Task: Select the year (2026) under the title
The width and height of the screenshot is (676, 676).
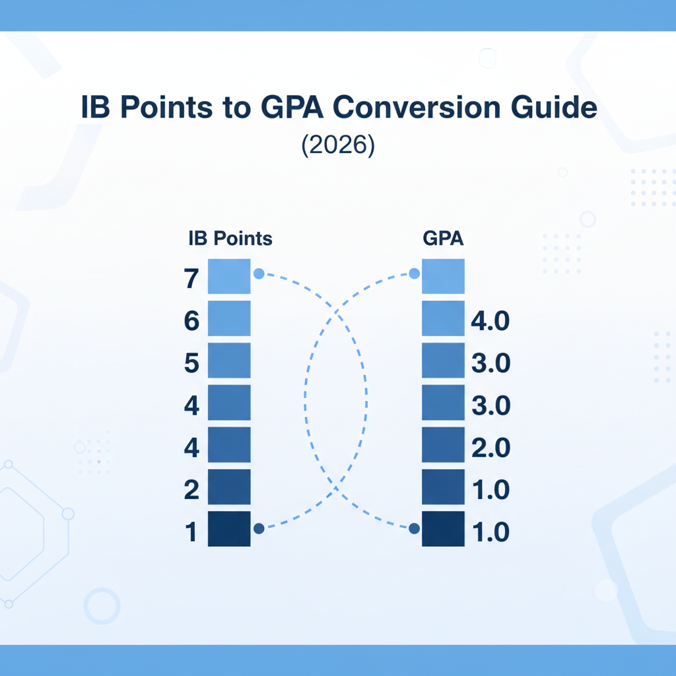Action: click(x=337, y=145)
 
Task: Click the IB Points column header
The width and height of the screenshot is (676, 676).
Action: click(x=230, y=238)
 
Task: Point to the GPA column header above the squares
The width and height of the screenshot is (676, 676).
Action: click(x=442, y=238)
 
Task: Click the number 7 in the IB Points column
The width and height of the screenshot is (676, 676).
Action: click(x=191, y=280)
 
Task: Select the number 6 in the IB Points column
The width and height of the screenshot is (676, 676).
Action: click(x=191, y=321)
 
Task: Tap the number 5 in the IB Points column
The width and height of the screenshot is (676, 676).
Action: click(x=191, y=364)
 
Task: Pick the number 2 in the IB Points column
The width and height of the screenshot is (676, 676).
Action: click(x=191, y=490)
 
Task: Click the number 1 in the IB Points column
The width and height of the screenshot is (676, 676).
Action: click(x=191, y=532)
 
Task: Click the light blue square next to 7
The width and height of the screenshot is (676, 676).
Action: click(x=229, y=276)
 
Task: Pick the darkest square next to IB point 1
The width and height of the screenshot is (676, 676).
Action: click(x=229, y=528)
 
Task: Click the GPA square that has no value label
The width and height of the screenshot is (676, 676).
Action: click(x=443, y=276)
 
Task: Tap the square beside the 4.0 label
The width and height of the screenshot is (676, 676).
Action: click(x=443, y=318)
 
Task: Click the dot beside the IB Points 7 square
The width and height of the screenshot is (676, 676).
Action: click(x=259, y=273)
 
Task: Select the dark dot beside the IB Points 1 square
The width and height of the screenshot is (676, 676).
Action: click(x=259, y=528)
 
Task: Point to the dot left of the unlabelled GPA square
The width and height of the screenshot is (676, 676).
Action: click(x=415, y=273)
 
